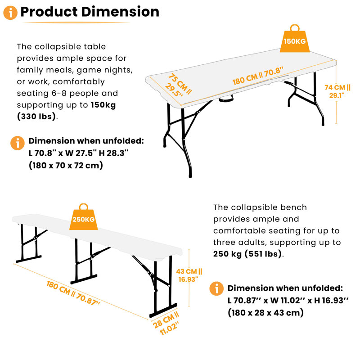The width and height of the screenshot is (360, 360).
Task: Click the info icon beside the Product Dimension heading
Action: click(x=10, y=13)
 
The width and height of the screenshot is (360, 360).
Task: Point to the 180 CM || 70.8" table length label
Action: click(x=257, y=76)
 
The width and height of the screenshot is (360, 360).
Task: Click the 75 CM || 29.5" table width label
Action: click(x=178, y=85)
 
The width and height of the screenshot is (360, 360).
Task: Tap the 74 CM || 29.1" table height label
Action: click(x=337, y=91)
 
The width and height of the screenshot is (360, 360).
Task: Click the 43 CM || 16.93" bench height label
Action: click(x=189, y=275)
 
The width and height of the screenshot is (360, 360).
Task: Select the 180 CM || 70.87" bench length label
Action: click(x=73, y=293)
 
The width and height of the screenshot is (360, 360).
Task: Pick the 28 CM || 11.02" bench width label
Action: click(x=166, y=323)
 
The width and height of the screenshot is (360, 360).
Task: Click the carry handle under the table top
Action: click(x=226, y=99)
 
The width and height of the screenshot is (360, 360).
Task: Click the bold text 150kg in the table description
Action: click(x=103, y=105)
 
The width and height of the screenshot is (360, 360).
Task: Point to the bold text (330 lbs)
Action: click(x=36, y=117)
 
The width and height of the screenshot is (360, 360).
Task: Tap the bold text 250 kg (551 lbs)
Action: click(x=247, y=254)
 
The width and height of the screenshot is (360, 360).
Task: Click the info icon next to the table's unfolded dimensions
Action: click(x=18, y=143)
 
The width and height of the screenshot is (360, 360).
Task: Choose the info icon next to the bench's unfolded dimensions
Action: click(x=216, y=288)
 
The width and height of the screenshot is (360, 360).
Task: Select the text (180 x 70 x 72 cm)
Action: click(x=66, y=165)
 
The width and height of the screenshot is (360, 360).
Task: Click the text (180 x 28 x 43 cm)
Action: click(x=265, y=313)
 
